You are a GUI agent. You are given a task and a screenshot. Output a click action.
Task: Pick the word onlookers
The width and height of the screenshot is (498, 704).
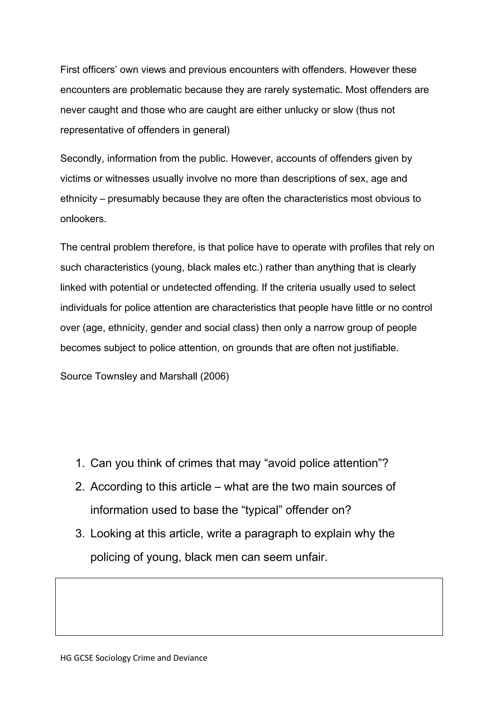[83, 219]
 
